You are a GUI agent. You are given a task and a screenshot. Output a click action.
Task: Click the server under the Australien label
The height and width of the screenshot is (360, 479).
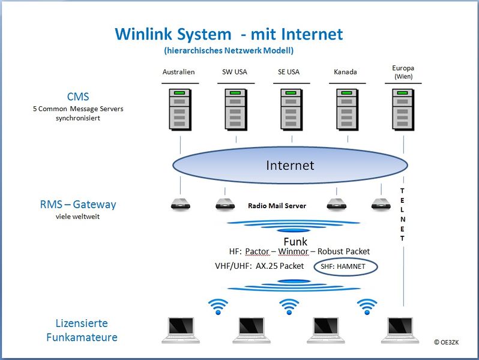[180, 110]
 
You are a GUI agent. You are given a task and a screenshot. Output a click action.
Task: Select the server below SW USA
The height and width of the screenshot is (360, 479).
[236, 110]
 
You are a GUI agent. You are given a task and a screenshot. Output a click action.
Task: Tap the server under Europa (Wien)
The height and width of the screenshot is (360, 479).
[403, 110]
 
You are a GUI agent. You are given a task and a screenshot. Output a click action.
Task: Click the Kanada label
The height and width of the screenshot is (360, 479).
[345, 72]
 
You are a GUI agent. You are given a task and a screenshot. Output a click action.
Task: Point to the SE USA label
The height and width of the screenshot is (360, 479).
[289, 72]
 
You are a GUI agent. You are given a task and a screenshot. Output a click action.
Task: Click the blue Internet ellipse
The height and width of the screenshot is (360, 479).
[290, 165]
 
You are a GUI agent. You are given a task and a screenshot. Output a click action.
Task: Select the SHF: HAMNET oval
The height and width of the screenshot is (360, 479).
[346, 266]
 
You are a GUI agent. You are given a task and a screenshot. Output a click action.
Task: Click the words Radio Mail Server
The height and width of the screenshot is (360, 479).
[277, 206]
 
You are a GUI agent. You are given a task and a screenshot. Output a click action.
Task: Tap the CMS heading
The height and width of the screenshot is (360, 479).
[78, 97]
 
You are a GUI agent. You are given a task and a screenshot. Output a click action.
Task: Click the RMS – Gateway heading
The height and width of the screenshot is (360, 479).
[78, 204]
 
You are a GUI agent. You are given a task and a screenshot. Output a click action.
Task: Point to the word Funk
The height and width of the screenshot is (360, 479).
[295, 242]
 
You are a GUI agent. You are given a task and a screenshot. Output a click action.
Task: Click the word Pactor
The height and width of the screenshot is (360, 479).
[257, 251]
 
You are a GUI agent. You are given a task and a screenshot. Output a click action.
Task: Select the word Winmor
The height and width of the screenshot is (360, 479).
[294, 251]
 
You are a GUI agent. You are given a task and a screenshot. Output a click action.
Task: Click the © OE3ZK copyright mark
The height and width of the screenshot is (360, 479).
[447, 342]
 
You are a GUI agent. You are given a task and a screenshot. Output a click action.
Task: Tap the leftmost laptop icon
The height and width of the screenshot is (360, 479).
[181, 331]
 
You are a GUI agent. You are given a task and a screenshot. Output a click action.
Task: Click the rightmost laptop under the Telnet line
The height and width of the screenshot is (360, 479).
[400, 331]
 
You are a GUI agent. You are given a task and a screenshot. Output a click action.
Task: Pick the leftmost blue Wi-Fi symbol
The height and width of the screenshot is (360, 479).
[218, 307]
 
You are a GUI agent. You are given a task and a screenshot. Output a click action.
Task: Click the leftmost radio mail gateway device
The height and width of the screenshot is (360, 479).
[181, 204]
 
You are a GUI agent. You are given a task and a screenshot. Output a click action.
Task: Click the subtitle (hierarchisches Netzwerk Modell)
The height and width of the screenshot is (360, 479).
[229, 50]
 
